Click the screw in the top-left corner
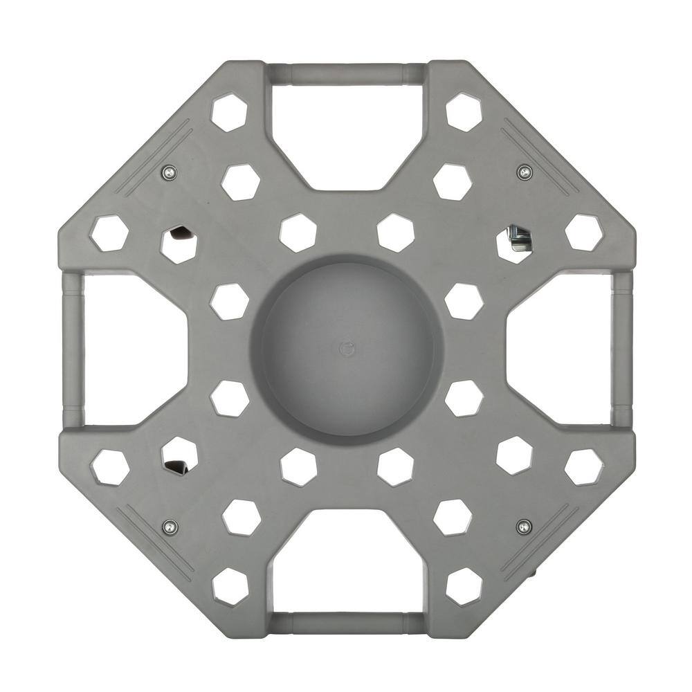point(168,172)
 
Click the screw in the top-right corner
point(525,171)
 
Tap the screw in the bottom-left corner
point(170,527)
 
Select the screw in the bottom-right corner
point(524,527)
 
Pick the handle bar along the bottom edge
point(346,622)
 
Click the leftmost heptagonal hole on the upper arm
point(109,233)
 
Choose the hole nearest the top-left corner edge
point(229,112)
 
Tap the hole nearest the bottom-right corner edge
point(464,587)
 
